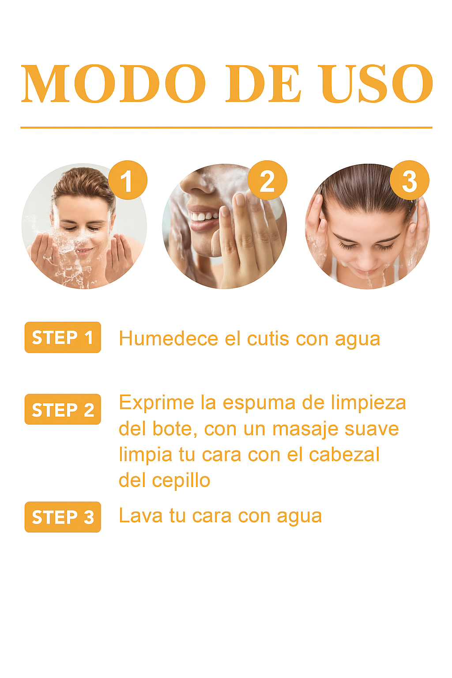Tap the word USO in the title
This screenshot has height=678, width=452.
[377, 83]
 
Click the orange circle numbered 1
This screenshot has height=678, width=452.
[128, 180]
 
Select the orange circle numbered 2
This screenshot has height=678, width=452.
[267, 180]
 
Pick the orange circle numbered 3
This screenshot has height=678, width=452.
[409, 180]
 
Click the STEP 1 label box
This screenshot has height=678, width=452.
[63, 337]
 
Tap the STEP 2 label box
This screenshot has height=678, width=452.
[63, 409]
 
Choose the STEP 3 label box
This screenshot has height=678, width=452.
[63, 517]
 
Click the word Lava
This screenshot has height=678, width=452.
[141, 516]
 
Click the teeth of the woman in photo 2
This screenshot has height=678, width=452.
[204, 216]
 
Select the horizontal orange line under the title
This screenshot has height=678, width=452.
[226, 128]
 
